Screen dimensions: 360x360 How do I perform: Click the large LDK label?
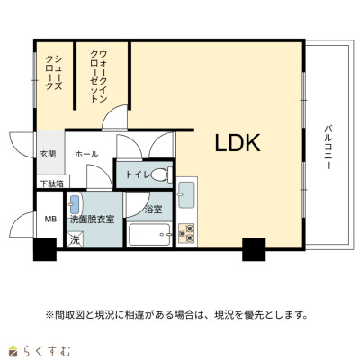click(x=238, y=143)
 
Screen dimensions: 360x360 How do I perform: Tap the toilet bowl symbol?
click(x=162, y=175)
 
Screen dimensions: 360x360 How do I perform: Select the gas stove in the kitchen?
click(x=186, y=233)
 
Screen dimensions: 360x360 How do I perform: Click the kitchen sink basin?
click(x=186, y=195)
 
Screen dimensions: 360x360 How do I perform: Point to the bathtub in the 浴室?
click(x=149, y=234)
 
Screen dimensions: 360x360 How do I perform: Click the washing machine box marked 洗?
click(x=75, y=239)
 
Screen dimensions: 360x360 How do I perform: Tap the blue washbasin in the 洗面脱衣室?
click(x=75, y=204)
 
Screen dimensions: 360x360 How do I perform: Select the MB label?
click(x=50, y=220)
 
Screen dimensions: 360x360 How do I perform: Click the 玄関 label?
click(x=48, y=155)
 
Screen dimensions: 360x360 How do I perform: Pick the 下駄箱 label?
click(x=52, y=184)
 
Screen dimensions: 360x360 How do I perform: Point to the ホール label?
click(x=86, y=155)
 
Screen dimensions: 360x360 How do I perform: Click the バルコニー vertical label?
click(x=328, y=148)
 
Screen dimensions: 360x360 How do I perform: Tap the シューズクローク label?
click(x=54, y=72)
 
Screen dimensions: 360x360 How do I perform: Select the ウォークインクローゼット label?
click(x=99, y=76)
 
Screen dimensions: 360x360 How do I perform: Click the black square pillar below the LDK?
click(x=254, y=249)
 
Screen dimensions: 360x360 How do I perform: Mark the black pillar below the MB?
click(x=45, y=249)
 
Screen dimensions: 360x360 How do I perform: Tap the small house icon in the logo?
click(x=13, y=350)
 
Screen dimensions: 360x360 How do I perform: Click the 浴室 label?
click(x=153, y=210)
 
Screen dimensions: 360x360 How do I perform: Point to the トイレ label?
click(x=138, y=175)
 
